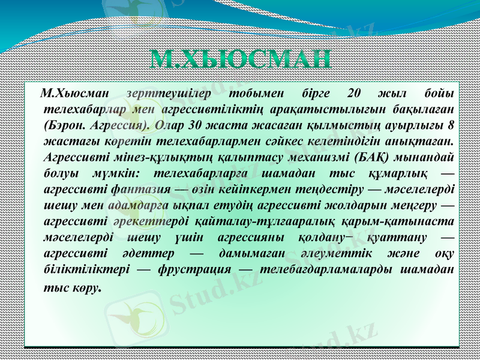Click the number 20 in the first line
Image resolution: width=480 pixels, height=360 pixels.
[x=354, y=94]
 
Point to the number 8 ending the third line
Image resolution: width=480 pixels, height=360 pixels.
[x=450, y=126]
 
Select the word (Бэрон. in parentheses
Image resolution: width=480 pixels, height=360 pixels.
[x=64, y=126]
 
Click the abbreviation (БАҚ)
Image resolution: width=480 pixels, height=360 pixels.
[x=373, y=157]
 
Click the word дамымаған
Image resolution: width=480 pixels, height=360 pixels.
[x=250, y=252]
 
